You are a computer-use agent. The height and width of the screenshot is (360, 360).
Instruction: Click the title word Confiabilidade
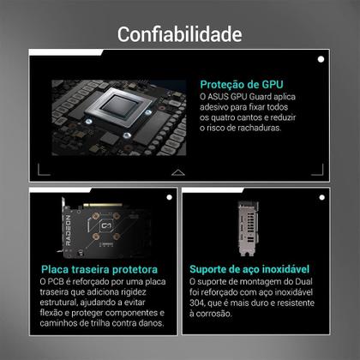(179, 34)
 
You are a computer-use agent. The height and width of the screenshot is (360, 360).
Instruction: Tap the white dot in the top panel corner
(320, 58)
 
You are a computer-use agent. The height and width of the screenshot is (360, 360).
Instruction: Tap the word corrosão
(217, 314)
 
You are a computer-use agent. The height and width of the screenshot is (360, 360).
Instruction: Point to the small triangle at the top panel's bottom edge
(177, 172)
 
